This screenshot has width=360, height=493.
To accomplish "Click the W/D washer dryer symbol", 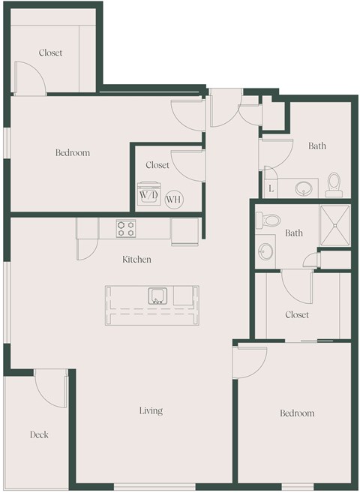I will point(146,194).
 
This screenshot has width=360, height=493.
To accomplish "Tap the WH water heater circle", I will point(173,199).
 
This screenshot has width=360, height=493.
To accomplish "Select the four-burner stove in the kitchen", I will point(125,228).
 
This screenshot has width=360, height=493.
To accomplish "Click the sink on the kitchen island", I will point(157,295).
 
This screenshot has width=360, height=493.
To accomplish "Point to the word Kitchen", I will point(137,260).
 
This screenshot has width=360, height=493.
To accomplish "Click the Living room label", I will point(151,411).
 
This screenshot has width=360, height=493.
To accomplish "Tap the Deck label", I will point(39,434).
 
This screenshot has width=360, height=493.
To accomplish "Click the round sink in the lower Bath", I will point(266,251).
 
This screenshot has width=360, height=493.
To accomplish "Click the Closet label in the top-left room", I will point(51,53).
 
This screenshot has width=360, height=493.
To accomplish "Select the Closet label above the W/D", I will point(157,165).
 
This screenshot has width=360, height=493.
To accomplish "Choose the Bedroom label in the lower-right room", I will point(297,413).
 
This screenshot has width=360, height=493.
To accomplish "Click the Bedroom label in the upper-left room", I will point(73,153).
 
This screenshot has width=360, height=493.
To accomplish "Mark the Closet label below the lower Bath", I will point(297,315).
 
